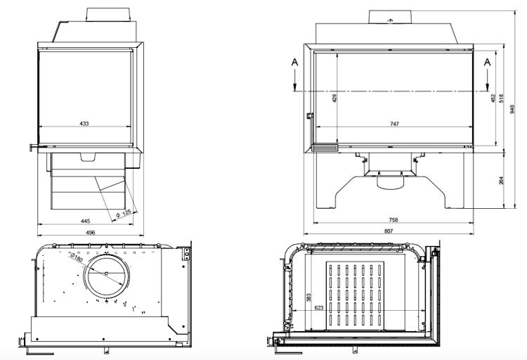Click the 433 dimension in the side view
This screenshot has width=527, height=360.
(84, 123)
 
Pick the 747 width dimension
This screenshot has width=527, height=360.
(394, 124)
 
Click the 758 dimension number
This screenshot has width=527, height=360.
(393, 220)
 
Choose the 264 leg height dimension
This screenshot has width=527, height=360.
(501, 180)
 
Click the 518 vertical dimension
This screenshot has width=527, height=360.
(501, 99)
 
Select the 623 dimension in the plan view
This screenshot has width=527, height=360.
(318, 307)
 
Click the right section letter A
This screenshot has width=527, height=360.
(486, 62)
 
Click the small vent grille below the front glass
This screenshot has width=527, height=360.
(325, 148)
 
